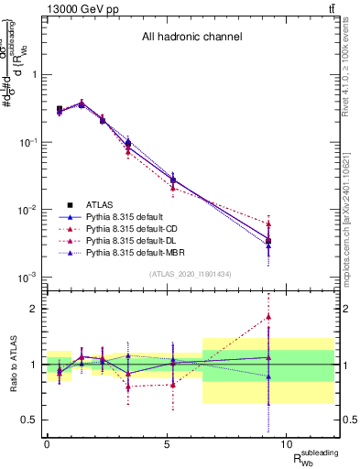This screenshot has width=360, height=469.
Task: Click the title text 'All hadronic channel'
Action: (x=191, y=38)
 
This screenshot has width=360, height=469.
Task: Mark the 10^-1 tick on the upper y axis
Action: (x=29, y=143)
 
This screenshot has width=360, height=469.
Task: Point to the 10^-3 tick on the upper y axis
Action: (x=29, y=277)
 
